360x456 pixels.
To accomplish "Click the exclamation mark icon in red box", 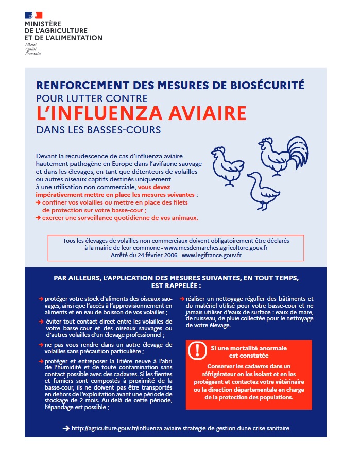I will [x=197, y=350].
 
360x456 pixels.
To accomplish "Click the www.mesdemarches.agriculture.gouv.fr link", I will [x=222, y=248].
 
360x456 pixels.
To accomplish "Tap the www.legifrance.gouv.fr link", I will [x=212, y=255].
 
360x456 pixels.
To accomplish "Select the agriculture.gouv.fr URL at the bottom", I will [x=184, y=428].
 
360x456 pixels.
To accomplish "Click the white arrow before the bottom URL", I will [x=65, y=428].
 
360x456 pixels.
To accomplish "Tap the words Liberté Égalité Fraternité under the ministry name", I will [x=32, y=49].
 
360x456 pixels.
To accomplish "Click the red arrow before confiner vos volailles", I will [x=39, y=203].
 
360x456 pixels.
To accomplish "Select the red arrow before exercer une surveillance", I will [x=39, y=217].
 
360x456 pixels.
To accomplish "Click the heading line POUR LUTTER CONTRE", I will [x=92, y=98].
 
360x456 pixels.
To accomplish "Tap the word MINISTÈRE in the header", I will [x=43, y=24].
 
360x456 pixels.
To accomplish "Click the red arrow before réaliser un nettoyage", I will [x=182, y=299].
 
